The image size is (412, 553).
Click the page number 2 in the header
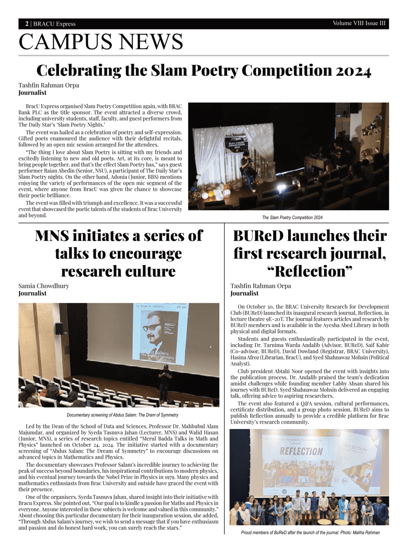click(x=27, y=24)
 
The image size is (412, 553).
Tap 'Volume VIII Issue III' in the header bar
click(x=359, y=23)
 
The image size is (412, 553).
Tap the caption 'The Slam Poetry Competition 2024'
click(x=292, y=217)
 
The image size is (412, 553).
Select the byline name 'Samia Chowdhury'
click(x=44, y=286)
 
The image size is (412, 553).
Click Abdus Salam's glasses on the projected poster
click(x=152, y=328)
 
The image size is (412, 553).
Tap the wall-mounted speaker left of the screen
click(x=59, y=328)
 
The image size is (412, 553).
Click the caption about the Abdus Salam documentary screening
click(x=122, y=415)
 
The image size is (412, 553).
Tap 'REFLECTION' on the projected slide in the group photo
click(x=301, y=451)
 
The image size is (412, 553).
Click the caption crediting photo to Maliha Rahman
click(x=310, y=532)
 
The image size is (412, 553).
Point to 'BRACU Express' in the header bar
click(x=54, y=24)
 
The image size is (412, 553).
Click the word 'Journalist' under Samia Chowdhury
click(x=32, y=293)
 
